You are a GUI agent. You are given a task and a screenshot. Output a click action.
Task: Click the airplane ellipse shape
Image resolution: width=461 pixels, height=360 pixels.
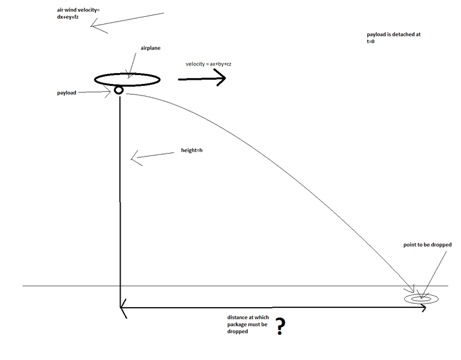point(127,80)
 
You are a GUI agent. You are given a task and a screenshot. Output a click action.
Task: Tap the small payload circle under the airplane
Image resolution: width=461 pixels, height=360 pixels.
point(119,90)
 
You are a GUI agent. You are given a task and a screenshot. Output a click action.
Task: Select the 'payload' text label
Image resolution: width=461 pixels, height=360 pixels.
point(66,93)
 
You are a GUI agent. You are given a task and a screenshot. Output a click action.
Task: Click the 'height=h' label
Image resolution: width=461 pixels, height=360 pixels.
point(191,150)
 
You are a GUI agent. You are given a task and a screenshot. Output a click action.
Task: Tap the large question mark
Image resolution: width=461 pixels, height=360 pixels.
point(280,326)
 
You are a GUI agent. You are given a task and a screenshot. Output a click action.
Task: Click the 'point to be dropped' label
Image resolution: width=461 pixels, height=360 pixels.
point(427,245)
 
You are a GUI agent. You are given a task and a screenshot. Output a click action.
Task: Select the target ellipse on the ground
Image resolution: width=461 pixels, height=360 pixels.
point(421,298)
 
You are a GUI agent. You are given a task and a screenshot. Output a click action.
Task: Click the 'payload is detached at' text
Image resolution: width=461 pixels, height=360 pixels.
point(394,34)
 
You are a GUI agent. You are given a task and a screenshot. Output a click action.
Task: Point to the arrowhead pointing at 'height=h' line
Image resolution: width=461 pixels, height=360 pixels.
point(134,159)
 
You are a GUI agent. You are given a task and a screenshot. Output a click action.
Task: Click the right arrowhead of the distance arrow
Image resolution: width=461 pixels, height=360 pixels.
point(423,308)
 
